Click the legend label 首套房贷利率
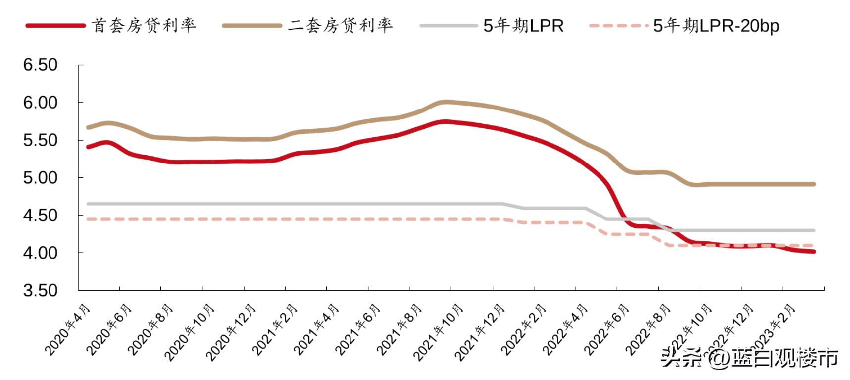144,25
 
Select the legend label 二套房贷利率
341,25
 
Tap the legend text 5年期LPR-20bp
716,25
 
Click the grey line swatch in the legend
449,25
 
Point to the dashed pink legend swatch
619,25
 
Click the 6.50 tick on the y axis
40,65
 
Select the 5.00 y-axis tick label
40,177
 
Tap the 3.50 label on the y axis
40,290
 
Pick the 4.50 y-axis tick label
40,215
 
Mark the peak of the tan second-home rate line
446,102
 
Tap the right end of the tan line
814,184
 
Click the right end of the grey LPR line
814,230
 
